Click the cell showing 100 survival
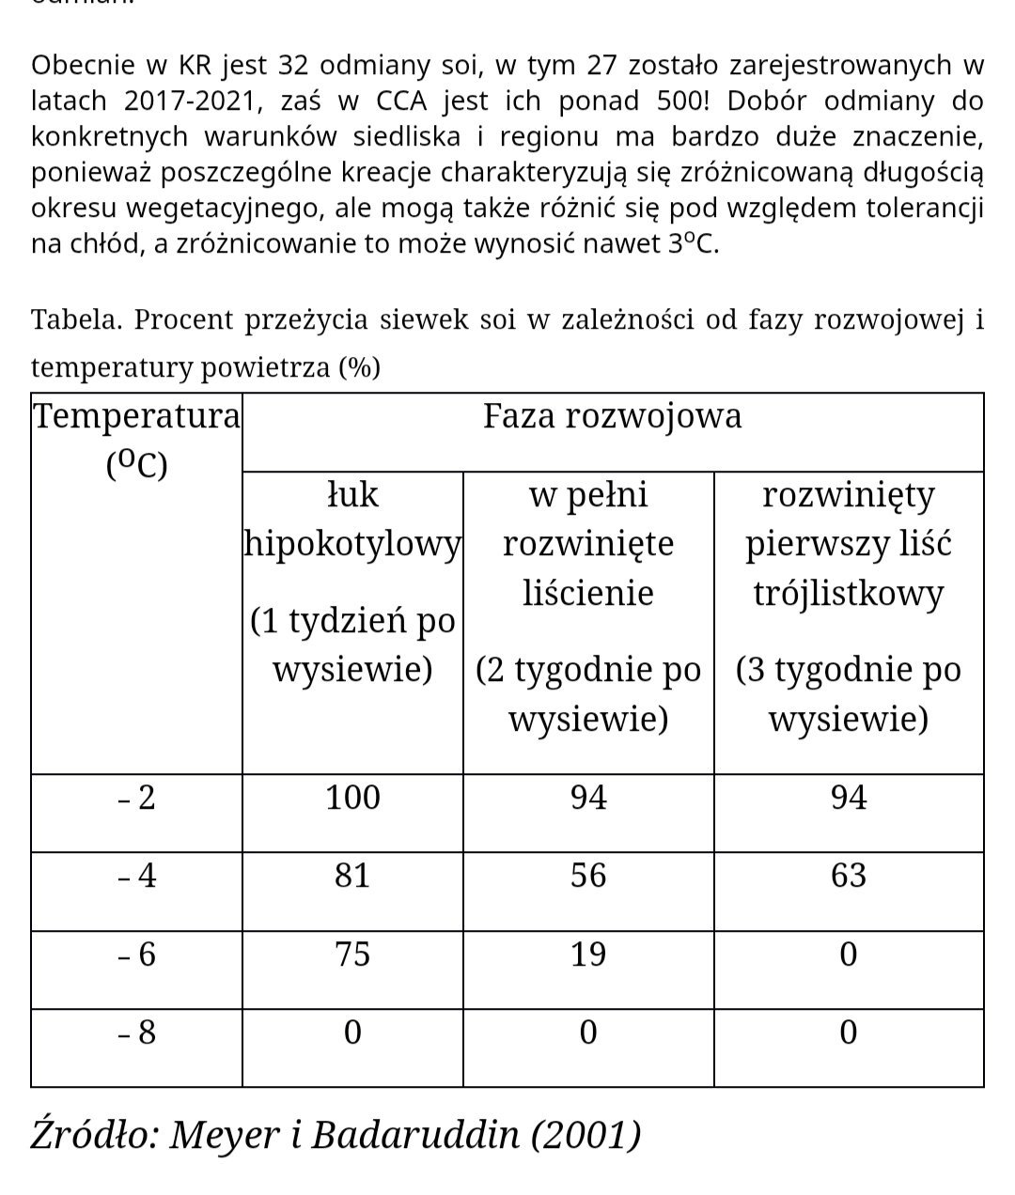(352, 798)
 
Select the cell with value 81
(352, 876)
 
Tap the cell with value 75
(352, 954)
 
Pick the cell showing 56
(588, 876)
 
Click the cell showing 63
(848, 876)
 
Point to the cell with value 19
(588, 954)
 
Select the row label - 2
(137, 798)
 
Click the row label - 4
(137, 876)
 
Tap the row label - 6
(137, 954)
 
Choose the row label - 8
(137, 1032)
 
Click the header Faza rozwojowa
(612, 415)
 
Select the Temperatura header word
(137, 415)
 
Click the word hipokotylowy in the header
(352, 543)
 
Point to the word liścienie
(588, 593)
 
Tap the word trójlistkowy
(848, 593)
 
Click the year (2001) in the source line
(586, 1135)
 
